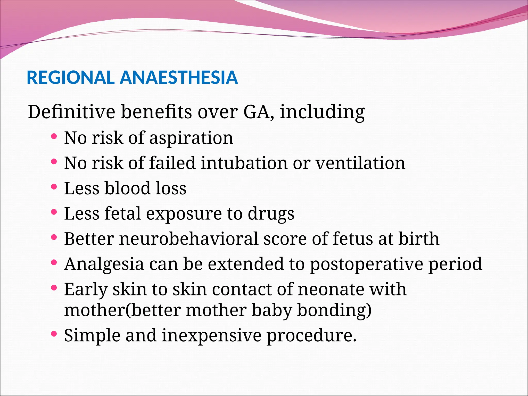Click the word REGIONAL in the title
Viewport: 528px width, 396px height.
(x=70, y=78)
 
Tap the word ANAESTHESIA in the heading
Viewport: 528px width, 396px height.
(x=179, y=78)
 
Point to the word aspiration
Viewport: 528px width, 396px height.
(x=191, y=138)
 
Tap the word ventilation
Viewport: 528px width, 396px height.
(x=360, y=163)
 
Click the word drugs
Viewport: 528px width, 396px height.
(x=271, y=214)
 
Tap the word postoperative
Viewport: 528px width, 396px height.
(x=366, y=264)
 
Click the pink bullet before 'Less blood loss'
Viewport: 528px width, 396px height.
(x=54, y=187)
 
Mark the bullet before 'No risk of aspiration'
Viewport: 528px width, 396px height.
(x=54, y=137)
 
